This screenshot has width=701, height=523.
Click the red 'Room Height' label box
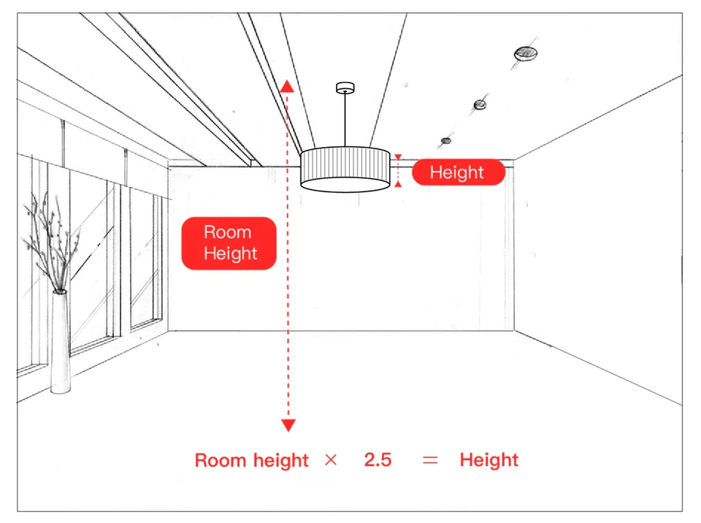point(229,243)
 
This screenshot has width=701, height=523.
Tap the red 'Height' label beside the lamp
point(459,172)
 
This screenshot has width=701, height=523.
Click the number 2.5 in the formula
point(378,459)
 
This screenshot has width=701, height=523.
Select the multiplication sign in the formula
point(331,459)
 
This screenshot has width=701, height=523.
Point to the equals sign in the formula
point(430,460)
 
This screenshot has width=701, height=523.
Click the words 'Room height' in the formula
point(252,460)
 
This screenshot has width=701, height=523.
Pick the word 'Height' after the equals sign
point(489,460)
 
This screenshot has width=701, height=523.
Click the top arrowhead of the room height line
point(288,86)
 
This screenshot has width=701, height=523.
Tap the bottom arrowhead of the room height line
point(288,425)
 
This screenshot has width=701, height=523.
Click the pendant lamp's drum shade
point(345,169)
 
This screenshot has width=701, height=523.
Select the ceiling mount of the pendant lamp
point(345,88)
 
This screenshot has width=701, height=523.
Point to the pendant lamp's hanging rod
point(345,120)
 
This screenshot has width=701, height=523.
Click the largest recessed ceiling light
point(525,53)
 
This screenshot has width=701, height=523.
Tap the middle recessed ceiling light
point(480,104)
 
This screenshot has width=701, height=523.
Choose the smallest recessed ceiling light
point(446,141)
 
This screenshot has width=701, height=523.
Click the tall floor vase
point(60,342)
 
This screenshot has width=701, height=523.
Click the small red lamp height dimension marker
point(398,170)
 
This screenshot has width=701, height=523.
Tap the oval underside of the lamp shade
point(345,184)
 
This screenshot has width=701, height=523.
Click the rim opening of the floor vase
point(60,291)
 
